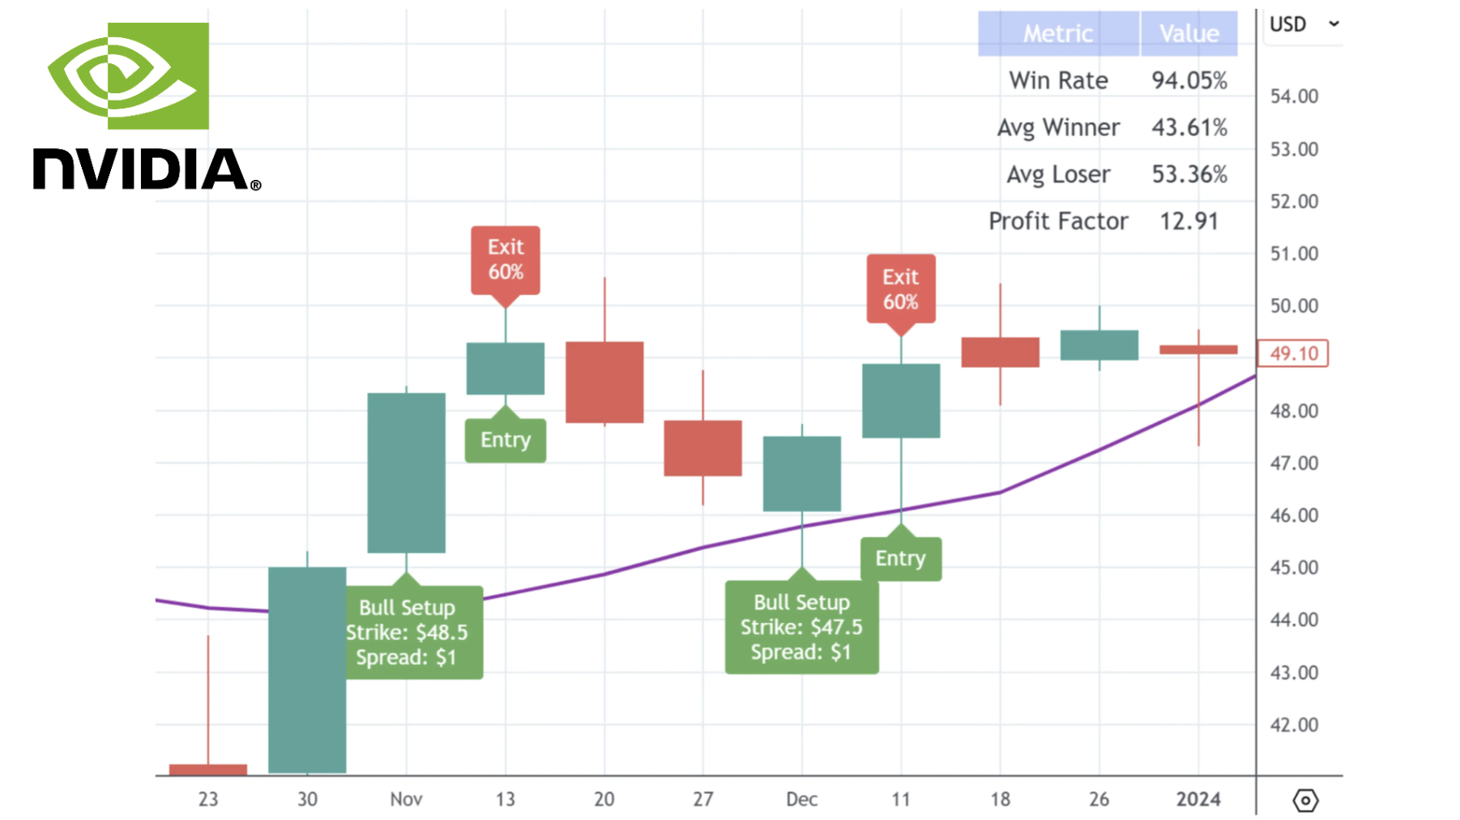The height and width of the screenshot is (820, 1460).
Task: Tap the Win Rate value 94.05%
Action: pyautogui.click(x=1189, y=80)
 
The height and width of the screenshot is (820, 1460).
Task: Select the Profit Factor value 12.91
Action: pyautogui.click(x=1189, y=221)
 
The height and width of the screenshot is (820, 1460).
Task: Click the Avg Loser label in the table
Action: pyautogui.click(x=1058, y=174)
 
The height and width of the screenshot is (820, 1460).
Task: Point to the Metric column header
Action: pyautogui.click(x=1058, y=33)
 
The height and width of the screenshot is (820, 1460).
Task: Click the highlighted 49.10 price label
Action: pyautogui.click(x=1293, y=353)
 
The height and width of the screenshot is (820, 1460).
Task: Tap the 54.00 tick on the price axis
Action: pyautogui.click(x=1294, y=96)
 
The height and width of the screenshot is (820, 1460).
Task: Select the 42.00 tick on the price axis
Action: pyautogui.click(x=1294, y=725)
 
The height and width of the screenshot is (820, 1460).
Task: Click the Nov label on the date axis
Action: pyautogui.click(x=406, y=799)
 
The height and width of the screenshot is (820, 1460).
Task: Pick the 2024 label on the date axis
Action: pyautogui.click(x=1198, y=799)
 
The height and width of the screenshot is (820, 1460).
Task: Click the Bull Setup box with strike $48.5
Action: pyautogui.click(x=407, y=632)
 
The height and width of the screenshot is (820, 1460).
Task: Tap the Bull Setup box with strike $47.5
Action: pyautogui.click(x=801, y=627)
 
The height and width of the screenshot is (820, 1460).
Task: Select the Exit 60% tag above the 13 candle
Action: pyautogui.click(x=506, y=259)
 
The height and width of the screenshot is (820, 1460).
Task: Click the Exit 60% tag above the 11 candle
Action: pyautogui.click(x=901, y=289)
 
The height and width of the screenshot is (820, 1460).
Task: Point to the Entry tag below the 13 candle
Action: pyautogui.click(x=506, y=440)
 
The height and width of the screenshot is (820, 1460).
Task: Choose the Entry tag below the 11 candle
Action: pyautogui.click(x=901, y=558)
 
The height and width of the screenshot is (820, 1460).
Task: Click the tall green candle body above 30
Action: pyautogui.click(x=307, y=669)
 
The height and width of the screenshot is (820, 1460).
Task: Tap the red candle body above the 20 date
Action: pyautogui.click(x=604, y=382)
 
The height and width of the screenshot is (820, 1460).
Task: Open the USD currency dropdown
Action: pyautogui.click(x=1304, y=24)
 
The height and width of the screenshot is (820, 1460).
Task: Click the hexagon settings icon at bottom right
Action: pyautogui.click(x=1305, y=801)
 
